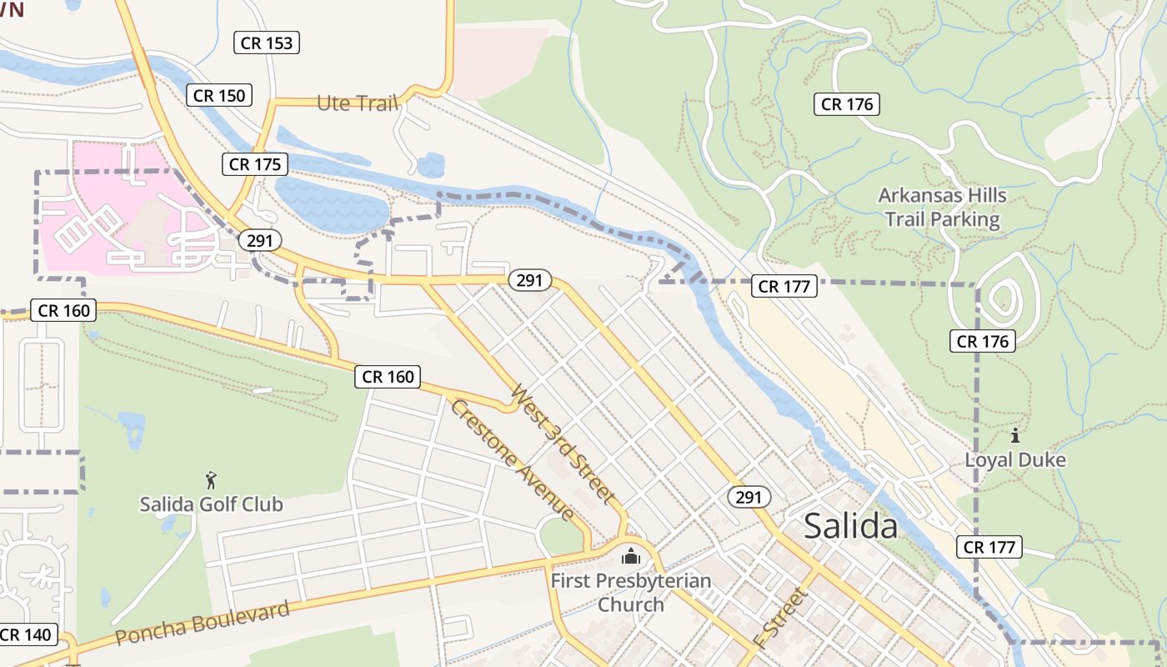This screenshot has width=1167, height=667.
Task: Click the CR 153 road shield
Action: pyautogui.click(x=268, y=43)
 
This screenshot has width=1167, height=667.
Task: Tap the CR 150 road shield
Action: pyautogui.click(x=219, y=95)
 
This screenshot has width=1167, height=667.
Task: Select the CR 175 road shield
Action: pyautogui.click(x=255, y=164)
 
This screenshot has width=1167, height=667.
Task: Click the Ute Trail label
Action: pyautogui.click(x=357, y=103)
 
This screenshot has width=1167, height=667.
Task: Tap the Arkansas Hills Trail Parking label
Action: pyautogui.click(x=942, y=208)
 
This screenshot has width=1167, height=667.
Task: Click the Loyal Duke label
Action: pyautogui.click(x=1015, y=459)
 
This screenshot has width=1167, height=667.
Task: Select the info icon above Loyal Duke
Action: pyautogui.click(x=1015, y=435)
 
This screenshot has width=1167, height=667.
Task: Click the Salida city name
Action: pyautogui.click(x=851, y=526)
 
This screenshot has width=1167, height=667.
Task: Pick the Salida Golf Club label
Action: pyautogui.click(x=211, y=504)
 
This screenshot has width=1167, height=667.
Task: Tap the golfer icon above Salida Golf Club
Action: pyautogui.click(x=211, y=480)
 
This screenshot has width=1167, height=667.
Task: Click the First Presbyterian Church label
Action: pyautogui.click(x=631, y=592)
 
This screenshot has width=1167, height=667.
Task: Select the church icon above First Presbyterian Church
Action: pyautogui.click(x=631, y=555)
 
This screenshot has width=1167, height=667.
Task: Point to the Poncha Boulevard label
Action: pyautogui.click(x=203, y=621)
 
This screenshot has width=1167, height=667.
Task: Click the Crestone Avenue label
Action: pyautogui.click(x=512, y=459)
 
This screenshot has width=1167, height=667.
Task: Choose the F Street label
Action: pyautogui.click(x=780, y=618)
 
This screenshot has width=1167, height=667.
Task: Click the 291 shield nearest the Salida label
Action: pyautogui.click(x=749, y=497)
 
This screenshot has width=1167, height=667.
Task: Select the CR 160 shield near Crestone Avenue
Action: pyautogui.click(x=388, y=377)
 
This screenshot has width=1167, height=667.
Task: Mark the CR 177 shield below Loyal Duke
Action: pyautogui.click(x=989, y=547)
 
